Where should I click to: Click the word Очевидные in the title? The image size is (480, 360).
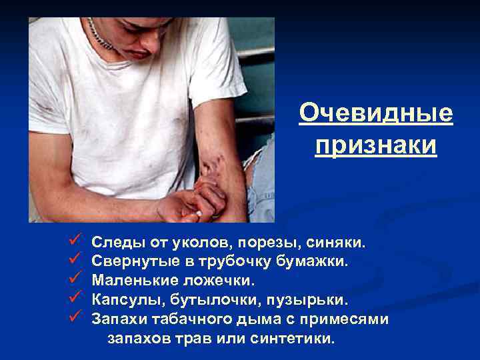376,113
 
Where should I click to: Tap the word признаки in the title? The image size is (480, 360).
376,145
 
